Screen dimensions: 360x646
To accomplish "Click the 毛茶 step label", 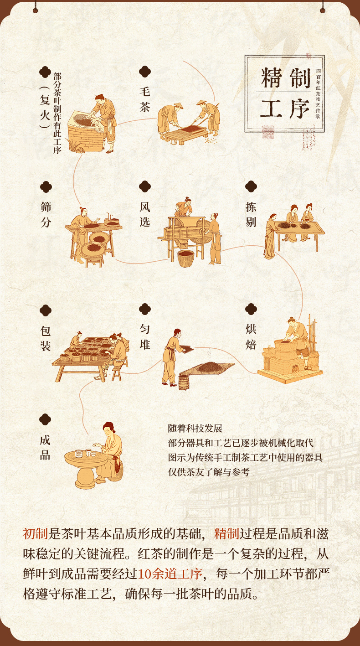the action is tap(145, 99).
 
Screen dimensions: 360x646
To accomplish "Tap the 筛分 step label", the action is tap(46, 214).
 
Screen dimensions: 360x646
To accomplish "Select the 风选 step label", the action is tap(145, 214).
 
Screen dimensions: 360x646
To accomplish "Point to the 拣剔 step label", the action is tap(251, 214).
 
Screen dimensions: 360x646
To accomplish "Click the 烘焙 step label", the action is tap(251, 336).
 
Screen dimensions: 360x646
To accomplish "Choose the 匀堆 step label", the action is tap(145, 336).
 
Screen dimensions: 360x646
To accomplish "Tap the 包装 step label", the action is tap(46, 338).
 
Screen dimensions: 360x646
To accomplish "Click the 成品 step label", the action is tap(45, 447).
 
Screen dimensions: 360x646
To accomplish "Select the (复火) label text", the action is tap(45, 107).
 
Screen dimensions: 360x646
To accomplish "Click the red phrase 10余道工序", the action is tap(170, 574).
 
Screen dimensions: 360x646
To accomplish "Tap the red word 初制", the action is tap(36, 533).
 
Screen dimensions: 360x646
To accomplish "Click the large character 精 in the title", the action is tap(271, 78).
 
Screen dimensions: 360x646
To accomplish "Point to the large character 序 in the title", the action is tap(299, 109).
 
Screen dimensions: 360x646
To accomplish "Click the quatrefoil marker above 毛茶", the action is tap(145, 72).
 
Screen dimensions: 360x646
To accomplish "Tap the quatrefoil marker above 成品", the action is tap(45, 419).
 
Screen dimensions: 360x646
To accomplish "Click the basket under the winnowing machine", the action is tap(186, 258).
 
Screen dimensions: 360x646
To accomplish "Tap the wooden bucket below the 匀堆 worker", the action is tap(184, 382).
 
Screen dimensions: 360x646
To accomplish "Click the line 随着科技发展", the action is tap(195, 428).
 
